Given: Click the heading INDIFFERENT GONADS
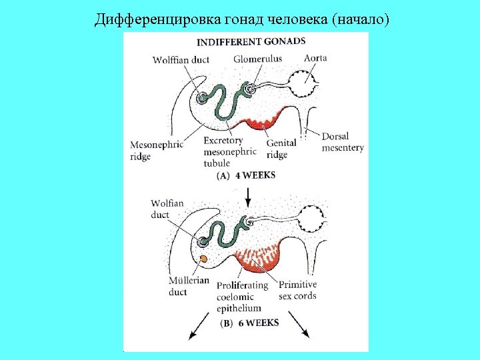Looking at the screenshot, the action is (x=251, y=41).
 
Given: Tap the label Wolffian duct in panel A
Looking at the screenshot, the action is (x=181, y=60).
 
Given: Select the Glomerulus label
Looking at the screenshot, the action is (x=257, y=59).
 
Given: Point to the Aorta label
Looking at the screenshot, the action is (x=315, y=58).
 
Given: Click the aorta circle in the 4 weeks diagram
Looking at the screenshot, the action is (x=305, y=85).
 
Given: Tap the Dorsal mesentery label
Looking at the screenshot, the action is (x=343, y=142).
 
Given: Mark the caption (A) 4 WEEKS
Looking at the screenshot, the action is (x=246, y=175).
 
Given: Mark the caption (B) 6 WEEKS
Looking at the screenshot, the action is (x=249, y=323).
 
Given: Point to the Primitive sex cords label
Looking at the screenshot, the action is (x=297, y=290).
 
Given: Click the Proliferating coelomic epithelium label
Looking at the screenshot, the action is (x=241, y=296).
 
